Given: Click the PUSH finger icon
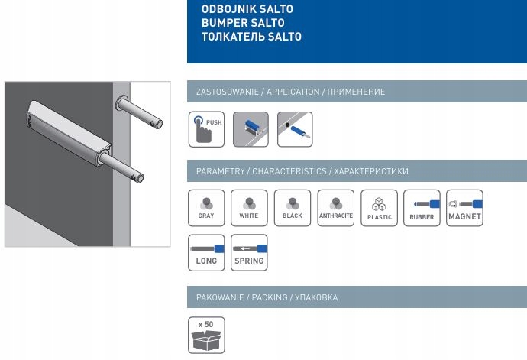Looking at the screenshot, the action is coord(206,129).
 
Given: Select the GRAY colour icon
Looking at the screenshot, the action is coord(206,208).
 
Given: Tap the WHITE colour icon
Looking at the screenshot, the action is coord(249,208).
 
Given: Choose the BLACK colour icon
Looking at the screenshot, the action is coord(293,208).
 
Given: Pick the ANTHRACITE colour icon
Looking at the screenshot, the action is coord(336,208).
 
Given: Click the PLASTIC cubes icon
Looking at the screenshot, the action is coord(379,208).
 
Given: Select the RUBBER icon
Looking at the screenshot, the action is coord(422,208).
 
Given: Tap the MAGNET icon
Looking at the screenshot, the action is coord(464,208).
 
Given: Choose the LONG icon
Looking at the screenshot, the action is coord(206,253).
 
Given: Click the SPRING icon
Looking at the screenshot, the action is coord(249,253).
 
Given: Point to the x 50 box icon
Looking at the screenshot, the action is coord(206,335).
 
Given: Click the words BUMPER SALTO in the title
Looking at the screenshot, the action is coord(243,23).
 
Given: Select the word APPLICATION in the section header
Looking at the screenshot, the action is coord(293,92).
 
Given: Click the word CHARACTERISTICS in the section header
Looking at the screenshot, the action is coord(289,171).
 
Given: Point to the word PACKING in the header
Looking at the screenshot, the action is coord(270,297).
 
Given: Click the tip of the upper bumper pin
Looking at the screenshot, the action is coord(160,124).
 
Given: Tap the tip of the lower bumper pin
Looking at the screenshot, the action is coord(141,178).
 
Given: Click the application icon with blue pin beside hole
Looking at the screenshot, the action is coord(295,129).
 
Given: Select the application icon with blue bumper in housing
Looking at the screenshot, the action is coord(251,129).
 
